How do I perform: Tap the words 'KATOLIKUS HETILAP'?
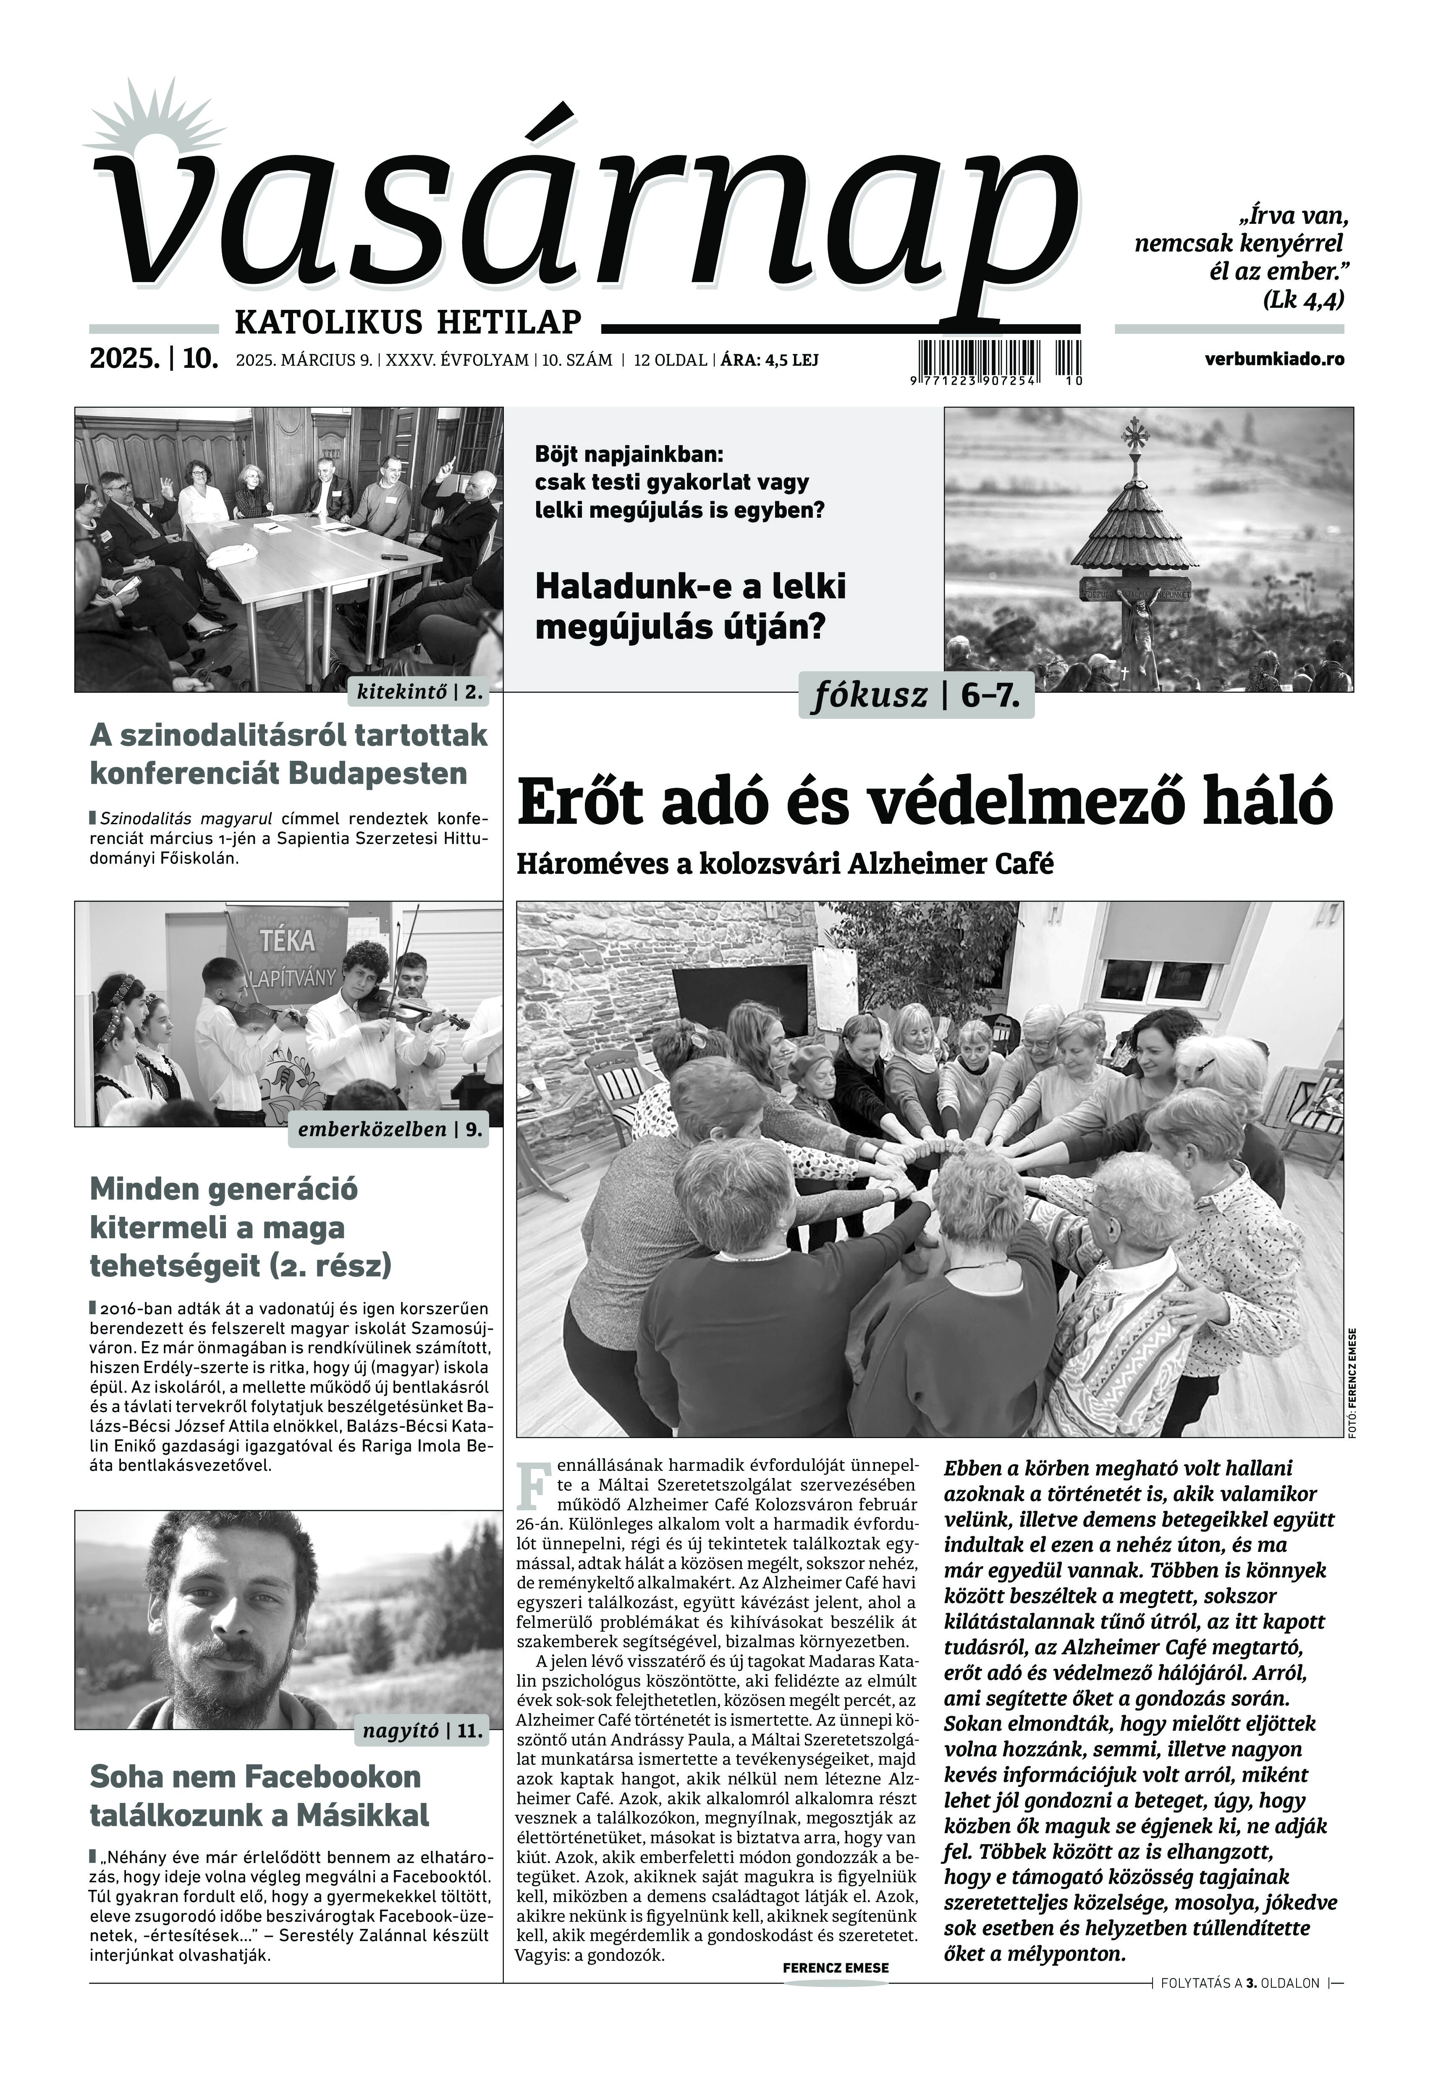[x=408, y=320]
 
